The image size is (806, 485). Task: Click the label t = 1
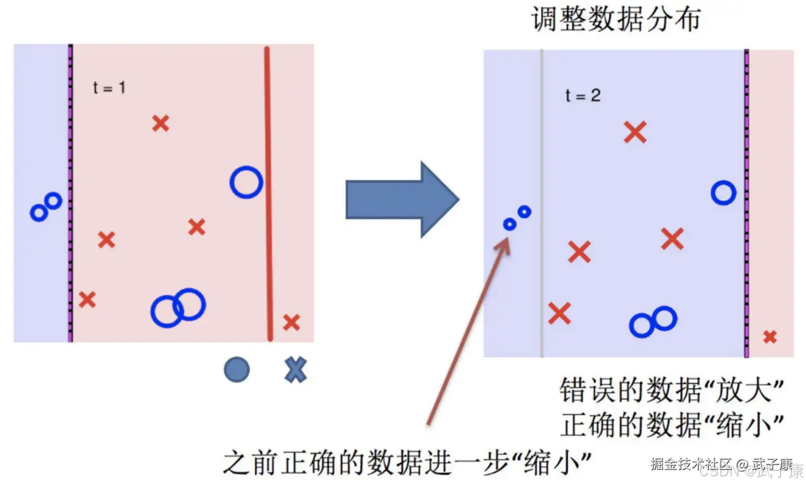tap(109, 87)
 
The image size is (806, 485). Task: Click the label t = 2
tap(583, 96)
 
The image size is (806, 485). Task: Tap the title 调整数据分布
tap(615, 20)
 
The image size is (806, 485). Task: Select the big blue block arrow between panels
tap(401, 199)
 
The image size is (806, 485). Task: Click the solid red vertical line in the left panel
tap(268, 191)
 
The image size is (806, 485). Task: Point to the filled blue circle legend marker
tap(237, 370)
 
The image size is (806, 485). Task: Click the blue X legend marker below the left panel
tap(295, 370)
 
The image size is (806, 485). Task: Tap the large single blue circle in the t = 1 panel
tap(246, 182)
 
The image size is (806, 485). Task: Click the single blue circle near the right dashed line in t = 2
tap(724, 193)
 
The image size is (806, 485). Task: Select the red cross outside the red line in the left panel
tap(291, 322)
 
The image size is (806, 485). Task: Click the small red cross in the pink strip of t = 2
tap(770, 336)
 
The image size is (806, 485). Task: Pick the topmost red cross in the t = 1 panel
tap(161, 123)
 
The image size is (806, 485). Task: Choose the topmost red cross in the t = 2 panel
tap(635, 132)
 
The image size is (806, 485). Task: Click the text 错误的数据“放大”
tap(672, 390)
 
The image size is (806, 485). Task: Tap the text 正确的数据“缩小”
tap(672, 425)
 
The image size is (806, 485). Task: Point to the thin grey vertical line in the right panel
tap(542, 202)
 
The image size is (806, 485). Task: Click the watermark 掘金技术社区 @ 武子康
tap(721, 464)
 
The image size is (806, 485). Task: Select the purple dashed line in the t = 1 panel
tap(70, 191)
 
